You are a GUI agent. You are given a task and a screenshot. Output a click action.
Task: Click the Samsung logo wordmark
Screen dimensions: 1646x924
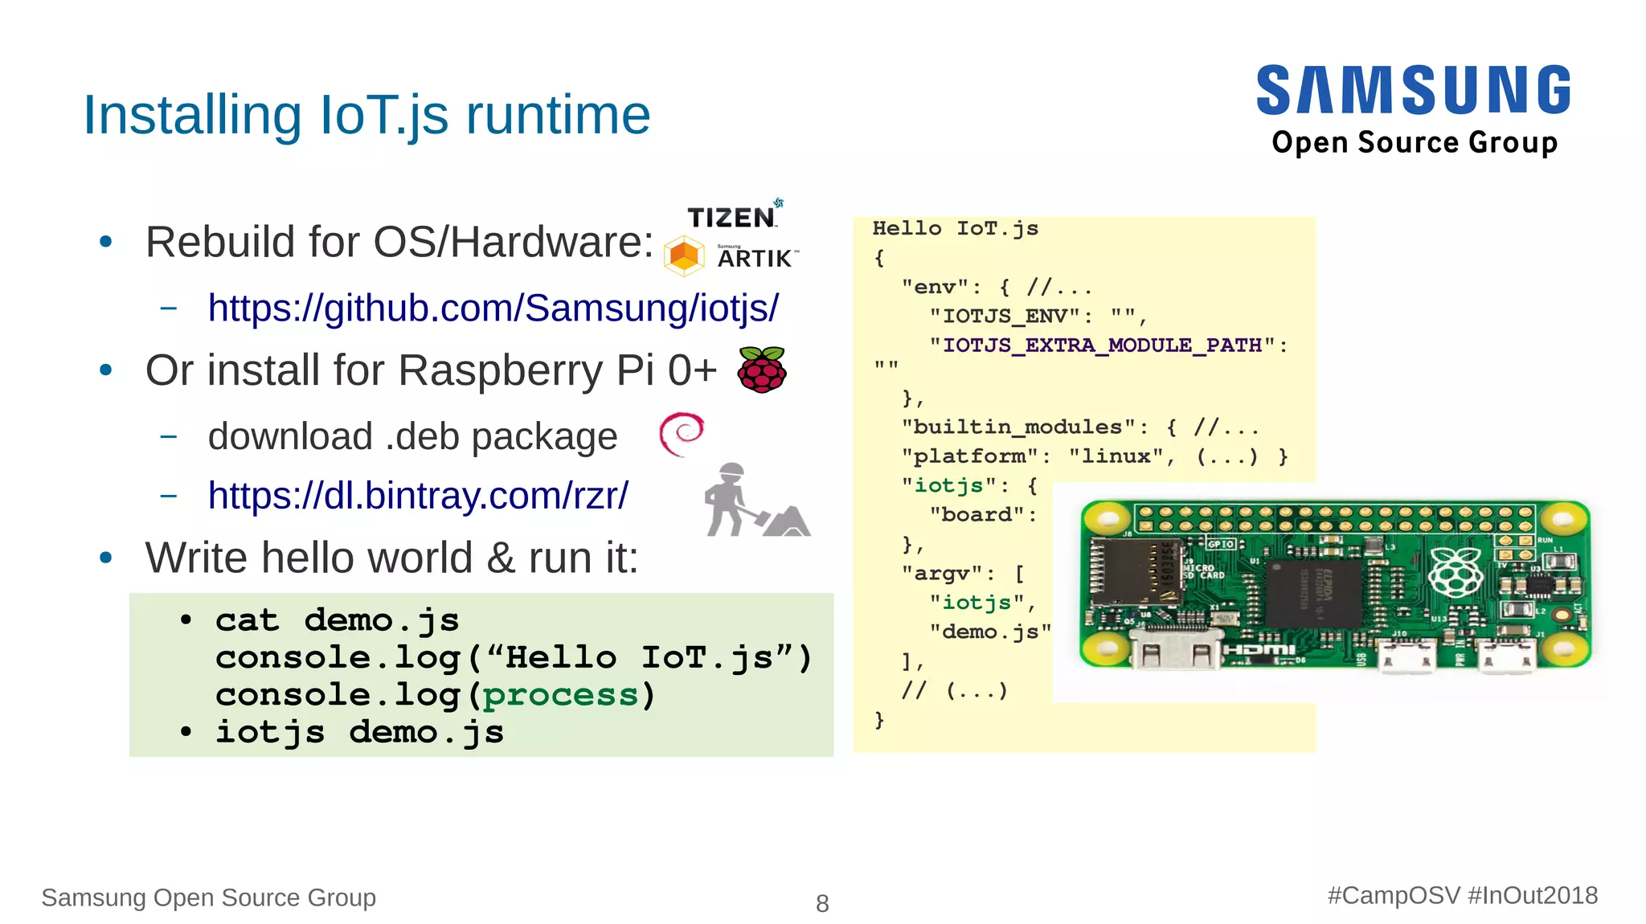point(1413,90)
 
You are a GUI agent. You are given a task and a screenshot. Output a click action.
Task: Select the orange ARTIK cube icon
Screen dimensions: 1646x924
point(684,256)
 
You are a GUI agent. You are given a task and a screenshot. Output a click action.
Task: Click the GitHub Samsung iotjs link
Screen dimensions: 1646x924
point(493,308)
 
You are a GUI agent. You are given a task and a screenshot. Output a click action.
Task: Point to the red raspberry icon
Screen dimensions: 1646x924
point(762,370)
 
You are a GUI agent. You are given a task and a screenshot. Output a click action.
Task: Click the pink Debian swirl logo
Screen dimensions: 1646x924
point(682,434)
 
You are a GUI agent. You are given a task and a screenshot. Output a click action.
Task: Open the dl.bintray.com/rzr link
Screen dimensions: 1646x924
point(418,496)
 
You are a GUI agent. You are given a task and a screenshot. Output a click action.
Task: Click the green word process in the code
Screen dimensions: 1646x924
point(559,695)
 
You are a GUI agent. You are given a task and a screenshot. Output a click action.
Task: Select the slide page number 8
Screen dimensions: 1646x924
point(822,903)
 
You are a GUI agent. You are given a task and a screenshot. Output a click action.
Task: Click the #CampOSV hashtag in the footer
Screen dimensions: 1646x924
point(1393,895)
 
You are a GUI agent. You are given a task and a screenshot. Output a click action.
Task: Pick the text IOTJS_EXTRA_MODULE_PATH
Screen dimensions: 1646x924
point(1103,345)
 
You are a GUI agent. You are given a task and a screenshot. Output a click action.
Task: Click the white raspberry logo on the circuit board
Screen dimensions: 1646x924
point(1456,571)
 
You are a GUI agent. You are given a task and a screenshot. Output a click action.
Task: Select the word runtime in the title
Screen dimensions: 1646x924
point(558,115)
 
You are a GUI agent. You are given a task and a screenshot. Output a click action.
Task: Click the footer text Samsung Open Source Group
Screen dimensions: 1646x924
point(209,897)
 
